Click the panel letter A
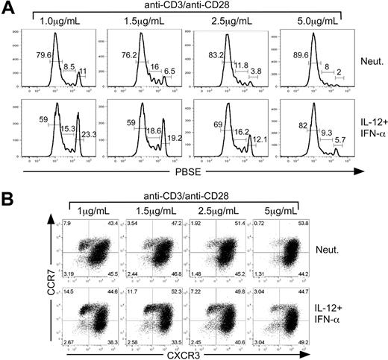coord(9,9)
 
